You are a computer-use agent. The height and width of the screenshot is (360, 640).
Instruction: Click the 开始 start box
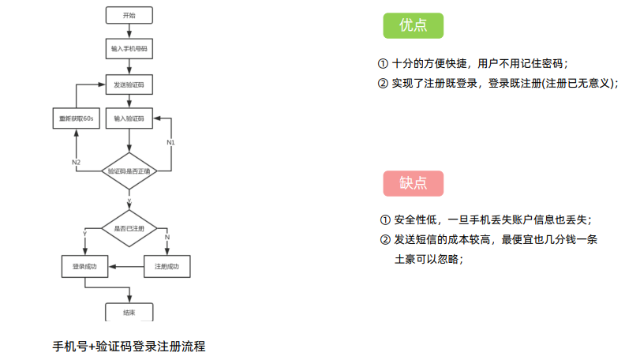[129, 16]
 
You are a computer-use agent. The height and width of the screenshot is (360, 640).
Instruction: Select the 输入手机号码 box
[129, 48]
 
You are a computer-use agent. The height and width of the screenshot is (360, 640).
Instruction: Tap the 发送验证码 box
[129, 84]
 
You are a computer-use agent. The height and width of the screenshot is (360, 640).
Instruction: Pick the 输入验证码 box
[129, 118]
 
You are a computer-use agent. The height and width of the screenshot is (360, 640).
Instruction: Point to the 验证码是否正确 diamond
[129, 171]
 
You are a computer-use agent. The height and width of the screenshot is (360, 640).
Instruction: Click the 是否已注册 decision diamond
[129, 227]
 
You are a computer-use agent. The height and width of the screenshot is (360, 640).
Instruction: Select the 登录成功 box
[84, 267]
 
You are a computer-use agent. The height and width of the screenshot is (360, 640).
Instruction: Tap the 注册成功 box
[167, 267]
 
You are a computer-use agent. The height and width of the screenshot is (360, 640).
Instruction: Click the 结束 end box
[129, 312]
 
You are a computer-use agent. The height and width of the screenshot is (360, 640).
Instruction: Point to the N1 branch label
[170, 142]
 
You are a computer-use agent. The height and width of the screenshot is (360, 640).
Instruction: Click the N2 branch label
[76, 162]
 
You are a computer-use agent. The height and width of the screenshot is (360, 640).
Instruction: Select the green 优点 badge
[413, 26]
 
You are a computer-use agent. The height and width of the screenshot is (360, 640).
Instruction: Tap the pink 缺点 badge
[413, 183]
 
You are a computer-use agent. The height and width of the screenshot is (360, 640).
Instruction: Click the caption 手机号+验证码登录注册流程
[129, 346]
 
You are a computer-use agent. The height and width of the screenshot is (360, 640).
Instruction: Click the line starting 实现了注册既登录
[498, 83]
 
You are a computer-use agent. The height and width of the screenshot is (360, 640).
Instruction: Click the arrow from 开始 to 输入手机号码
[129, 32]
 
